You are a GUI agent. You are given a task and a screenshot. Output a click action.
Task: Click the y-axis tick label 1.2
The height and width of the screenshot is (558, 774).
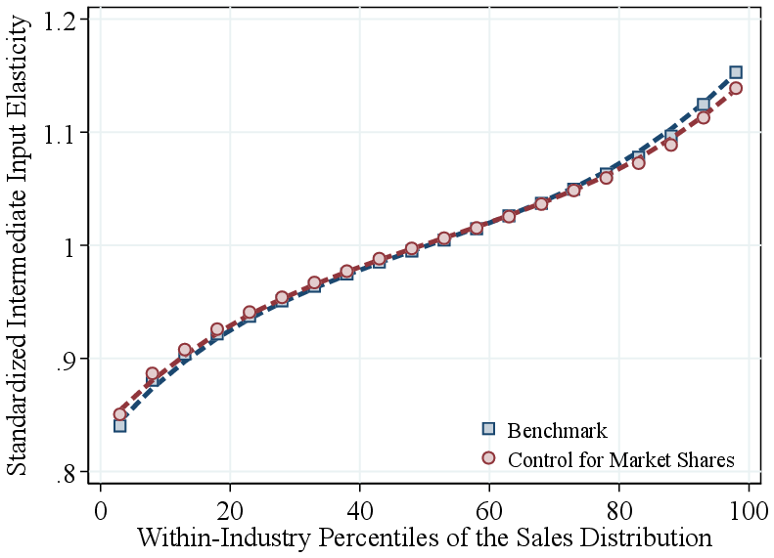[x=63, y=20]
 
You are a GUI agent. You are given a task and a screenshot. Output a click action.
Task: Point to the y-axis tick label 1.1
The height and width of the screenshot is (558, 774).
[x=63, y=132]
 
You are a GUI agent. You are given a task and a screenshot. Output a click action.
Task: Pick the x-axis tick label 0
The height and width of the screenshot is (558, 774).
[x=100, y=511]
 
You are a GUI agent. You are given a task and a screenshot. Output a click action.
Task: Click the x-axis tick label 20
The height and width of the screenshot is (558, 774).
[x=229, y=511]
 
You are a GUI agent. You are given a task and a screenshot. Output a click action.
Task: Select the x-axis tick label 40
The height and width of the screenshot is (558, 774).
[x=359, y=511]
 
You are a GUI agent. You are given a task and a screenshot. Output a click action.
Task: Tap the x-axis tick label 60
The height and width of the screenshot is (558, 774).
[x=489, y=511]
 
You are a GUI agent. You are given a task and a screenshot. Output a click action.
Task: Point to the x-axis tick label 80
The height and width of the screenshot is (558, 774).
[x=618, y=511]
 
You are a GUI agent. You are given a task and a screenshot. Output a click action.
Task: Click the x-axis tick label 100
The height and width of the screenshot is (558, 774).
[x=749, y=511]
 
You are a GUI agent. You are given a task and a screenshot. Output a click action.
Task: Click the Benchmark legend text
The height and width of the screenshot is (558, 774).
[x=558, y=431]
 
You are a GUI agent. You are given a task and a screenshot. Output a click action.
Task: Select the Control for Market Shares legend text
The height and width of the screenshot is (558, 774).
[x=621, y=458]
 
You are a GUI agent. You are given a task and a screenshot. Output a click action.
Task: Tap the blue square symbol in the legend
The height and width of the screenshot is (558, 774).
[x=489, y=429]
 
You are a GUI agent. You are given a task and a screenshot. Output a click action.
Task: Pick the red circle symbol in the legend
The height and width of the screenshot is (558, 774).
[x=489, y=457]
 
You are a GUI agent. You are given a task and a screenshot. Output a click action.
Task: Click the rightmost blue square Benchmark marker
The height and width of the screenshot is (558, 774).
[x=736, y=72]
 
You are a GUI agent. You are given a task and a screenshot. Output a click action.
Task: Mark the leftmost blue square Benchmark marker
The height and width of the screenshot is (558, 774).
[x=119, y=425]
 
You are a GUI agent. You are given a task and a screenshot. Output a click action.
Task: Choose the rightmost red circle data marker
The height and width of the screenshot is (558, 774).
[x=736, y=88]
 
